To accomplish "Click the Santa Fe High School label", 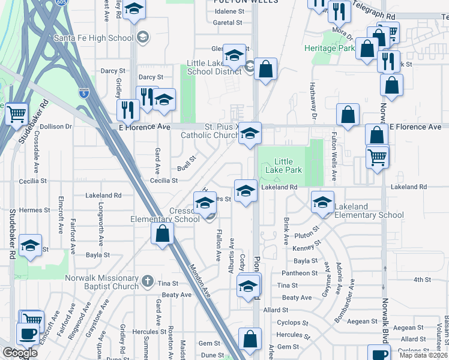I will click(93, 38).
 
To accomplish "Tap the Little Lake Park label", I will click(288, 166).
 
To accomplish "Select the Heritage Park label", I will click(330, 47).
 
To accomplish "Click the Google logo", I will click(20, 353).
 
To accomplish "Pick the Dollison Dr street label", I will click(55, 127).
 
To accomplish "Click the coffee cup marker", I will click(26, 333).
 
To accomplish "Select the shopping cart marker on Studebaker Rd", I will click(16, 113).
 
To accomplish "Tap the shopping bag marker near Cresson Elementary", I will click(162, 233).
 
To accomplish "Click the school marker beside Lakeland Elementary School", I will click(322, 202).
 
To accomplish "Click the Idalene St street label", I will click(229, 11).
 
